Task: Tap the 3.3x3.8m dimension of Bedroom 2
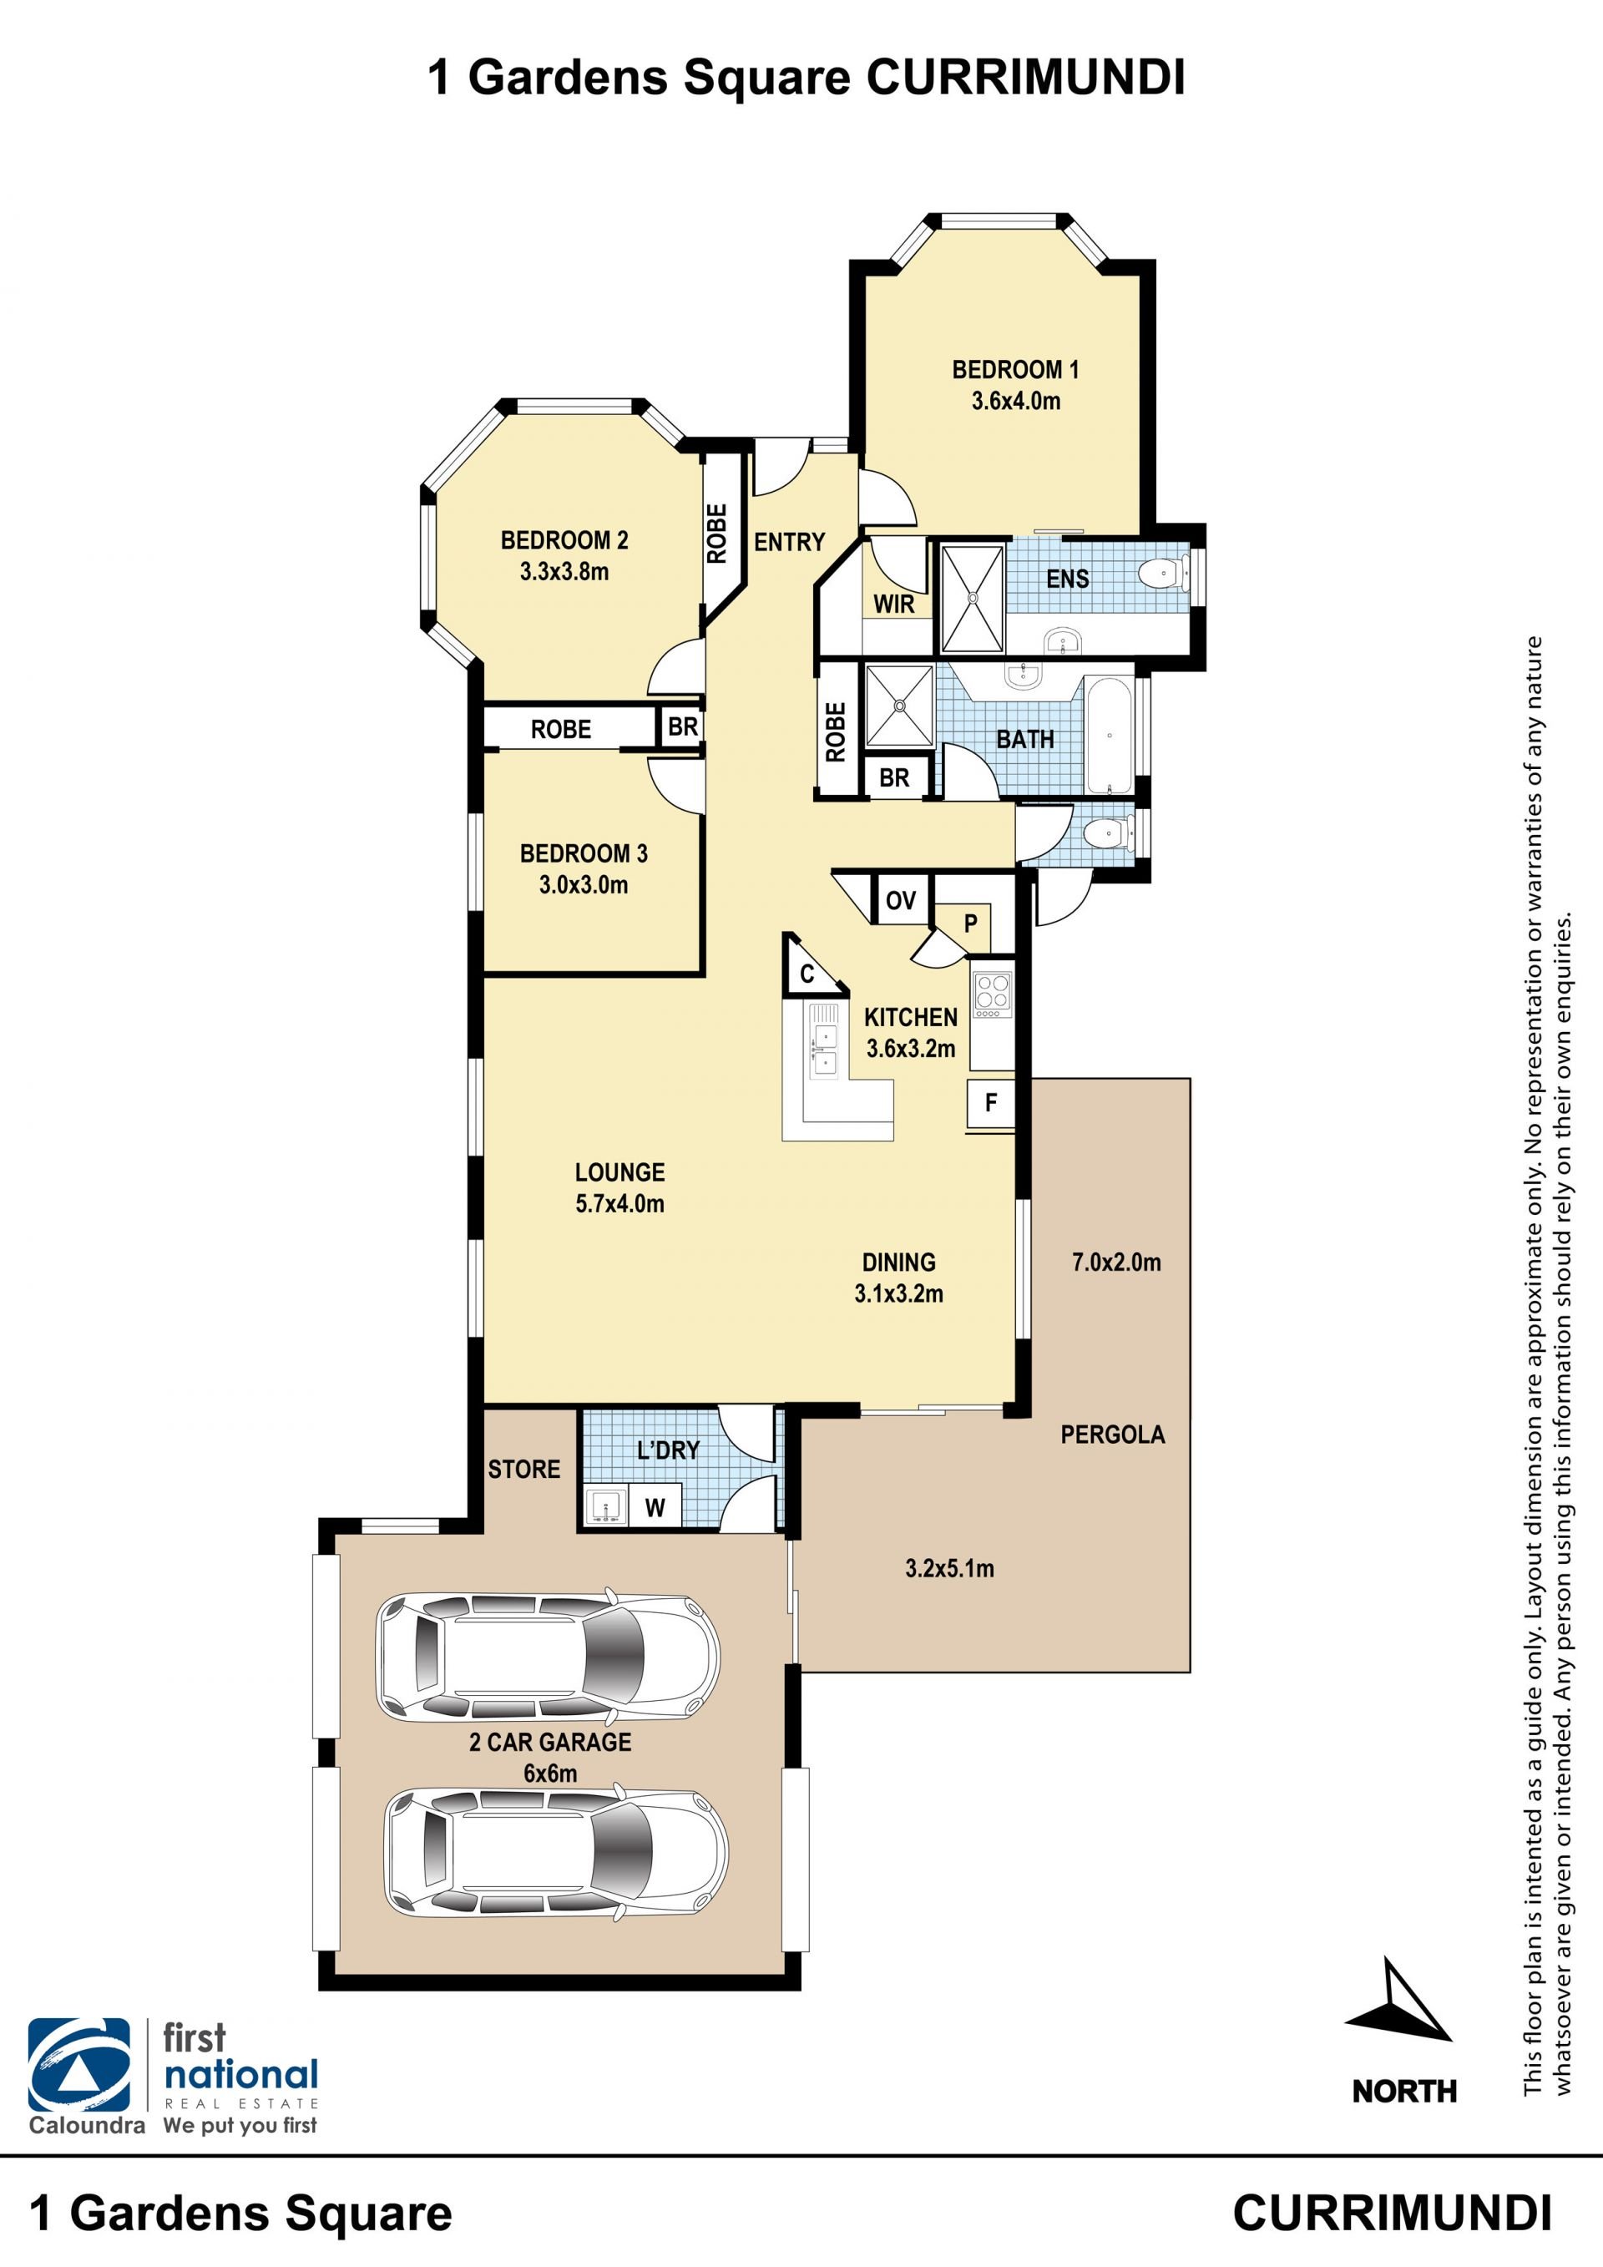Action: pyautogui.click(x=564, y=570)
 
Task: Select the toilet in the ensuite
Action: pyautogui.click(x=1163, y=574)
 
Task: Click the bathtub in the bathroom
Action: pyautogui.click(x=1110, y=735)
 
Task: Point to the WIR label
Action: pyautogui.click(x=893, y=604)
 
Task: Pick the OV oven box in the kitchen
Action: pyautogui.click(x=900, y=899)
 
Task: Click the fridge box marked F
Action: pyautogui.click(x=991, y=1102)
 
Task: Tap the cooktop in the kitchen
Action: pyautogui.click(x=992, y=994)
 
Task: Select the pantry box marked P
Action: pyautogui.click(x=970, y=924)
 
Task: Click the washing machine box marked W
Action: pyautogui.click(x=655, y=1508)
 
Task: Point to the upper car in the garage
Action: pyautogui.click(x=548, y=1656)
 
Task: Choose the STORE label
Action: pyautogui.click(x=524, y=1470)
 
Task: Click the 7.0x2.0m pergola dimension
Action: pyautogui.click(x=1116, y=1262)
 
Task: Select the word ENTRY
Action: pyautogui.click(x=790, y=541)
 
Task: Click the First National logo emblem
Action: pyautogui.click(x=79, y=2066)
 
